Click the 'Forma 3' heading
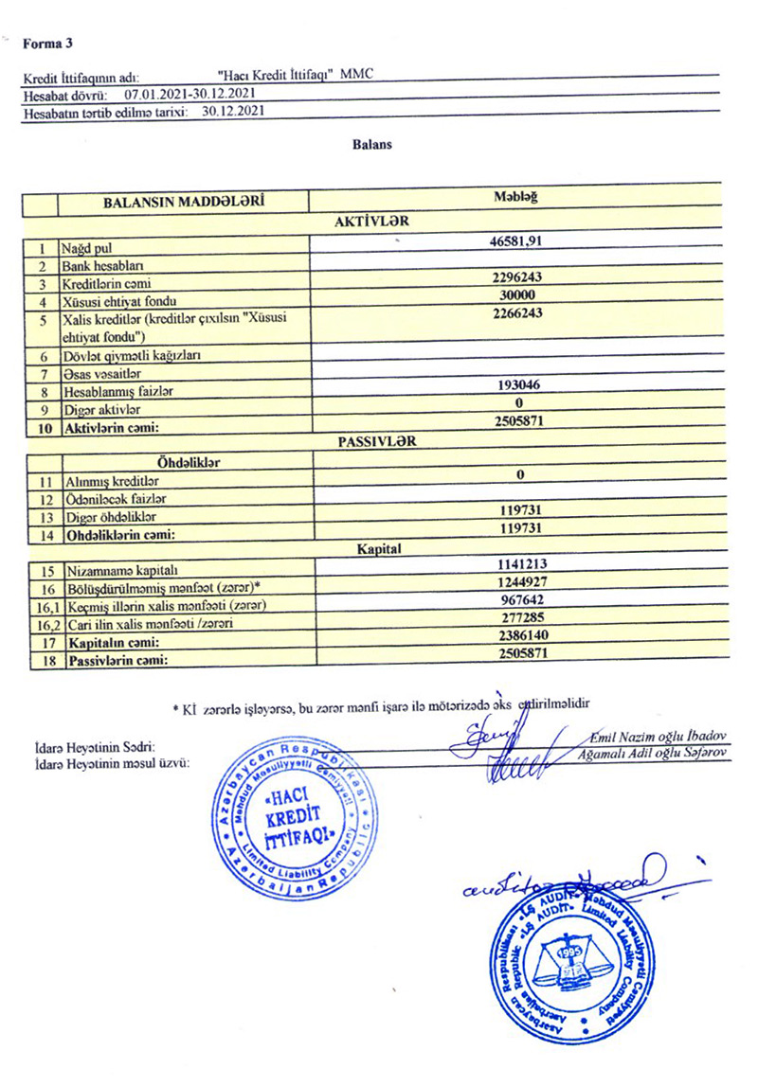click(x=48, y=43)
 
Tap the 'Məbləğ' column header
click(x=515, y=196)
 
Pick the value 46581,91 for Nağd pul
click(x=515, y=241)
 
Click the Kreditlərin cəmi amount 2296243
click(x=515, y=277)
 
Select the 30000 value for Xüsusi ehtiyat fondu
click(x=515, y=295)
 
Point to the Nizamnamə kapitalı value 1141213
click(x=516, y=564)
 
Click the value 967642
click(x=516, y=600)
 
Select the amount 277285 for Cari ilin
click(x=516, y=618)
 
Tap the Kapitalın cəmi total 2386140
click(x=516, y=636)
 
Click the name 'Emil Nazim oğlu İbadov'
click(x=658, y=737)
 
